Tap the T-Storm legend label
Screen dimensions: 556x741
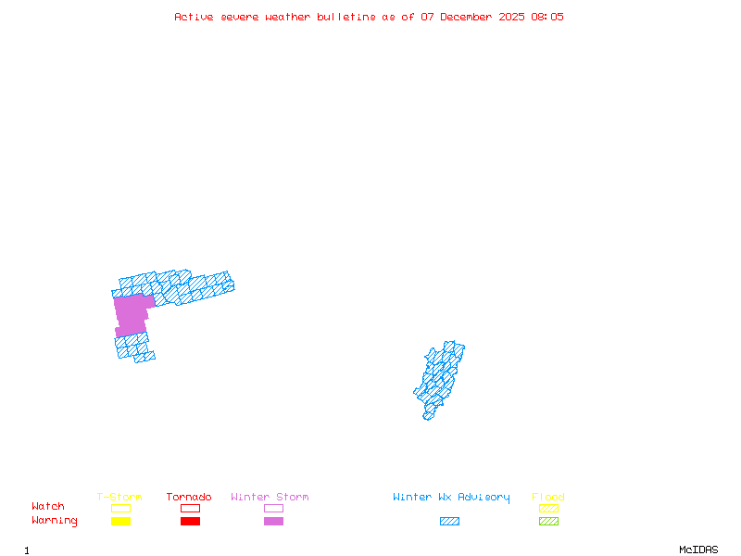point(119,498)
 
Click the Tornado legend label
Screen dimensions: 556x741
point(189,498)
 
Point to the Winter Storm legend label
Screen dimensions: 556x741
point(270,498)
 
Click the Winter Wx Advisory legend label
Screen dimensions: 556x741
point(451,498)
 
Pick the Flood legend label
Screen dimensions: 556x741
point(548,498)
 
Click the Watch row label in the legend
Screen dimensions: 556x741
point(48,507)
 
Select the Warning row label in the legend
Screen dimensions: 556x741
point(55,521)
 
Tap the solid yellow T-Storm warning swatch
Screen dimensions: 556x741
point(120,522)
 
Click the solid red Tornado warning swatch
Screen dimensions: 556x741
point(190,522)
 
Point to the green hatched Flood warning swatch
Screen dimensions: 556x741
point(548,522)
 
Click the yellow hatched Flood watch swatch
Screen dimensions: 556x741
point(548,508)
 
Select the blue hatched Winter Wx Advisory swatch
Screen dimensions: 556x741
point(449,522)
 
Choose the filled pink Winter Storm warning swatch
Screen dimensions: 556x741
point(273,522)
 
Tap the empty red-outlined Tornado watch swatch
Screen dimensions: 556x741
point(190,508)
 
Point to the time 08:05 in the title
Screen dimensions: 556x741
point(546,17)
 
